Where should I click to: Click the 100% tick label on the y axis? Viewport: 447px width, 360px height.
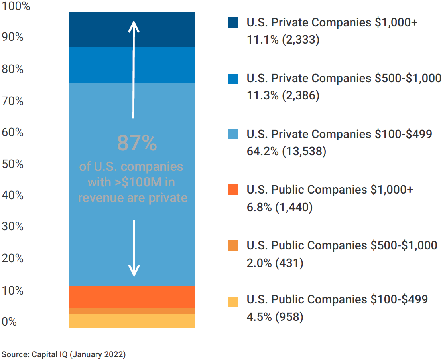[16, 7]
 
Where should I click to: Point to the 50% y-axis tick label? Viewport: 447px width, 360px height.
[13, 164]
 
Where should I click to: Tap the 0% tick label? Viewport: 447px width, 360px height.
[10, 322]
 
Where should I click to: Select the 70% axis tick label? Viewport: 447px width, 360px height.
[13, 101]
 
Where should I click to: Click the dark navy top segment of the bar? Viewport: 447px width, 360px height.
[132, 30]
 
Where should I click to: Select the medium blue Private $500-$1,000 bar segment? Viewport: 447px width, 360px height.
[132, 65]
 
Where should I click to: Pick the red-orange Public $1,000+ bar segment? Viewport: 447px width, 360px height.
[132, 297]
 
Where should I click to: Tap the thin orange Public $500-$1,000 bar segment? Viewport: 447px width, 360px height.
[132, 311]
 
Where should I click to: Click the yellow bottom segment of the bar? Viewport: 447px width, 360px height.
[132, 321]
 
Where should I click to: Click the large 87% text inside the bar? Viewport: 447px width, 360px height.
[137, 144]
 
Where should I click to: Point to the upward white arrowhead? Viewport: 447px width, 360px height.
[134, 26]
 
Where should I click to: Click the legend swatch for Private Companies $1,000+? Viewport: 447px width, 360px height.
[233, 22]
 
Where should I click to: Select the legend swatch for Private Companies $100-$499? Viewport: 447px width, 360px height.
[233, 134]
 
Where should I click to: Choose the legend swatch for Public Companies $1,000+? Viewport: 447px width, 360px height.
[233, 190]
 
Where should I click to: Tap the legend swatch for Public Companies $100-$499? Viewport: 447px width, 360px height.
[233, 302]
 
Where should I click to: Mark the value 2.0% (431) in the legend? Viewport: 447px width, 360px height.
[275, 263]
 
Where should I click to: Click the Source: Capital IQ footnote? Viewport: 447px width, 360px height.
[64, 354]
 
